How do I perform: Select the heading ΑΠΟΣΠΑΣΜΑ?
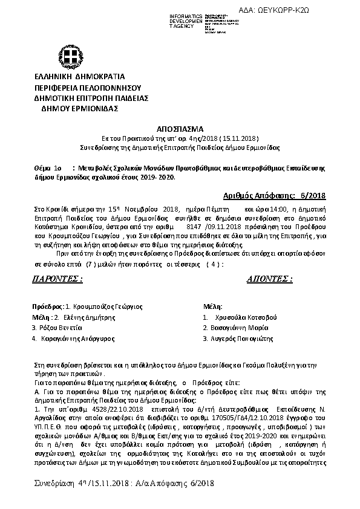tap(180, 129)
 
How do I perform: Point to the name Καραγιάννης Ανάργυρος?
tap(76, 339)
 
